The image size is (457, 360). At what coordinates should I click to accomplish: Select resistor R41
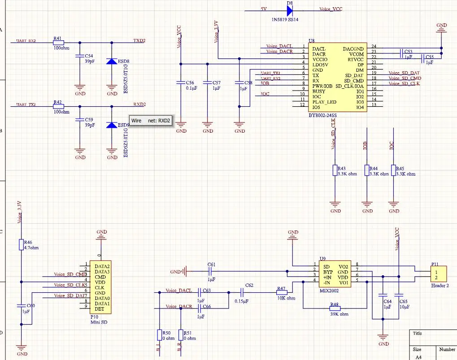click(x=58, y=43)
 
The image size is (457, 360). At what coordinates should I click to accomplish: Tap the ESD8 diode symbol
click(x=112, y=61)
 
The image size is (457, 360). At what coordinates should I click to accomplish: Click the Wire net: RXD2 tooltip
click(x=151, y=121)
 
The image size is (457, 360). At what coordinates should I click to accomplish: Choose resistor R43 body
click(x=335, y=170)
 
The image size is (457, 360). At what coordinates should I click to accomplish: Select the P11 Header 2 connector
click(x=439, y=275)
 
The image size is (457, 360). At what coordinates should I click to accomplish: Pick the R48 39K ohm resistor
click(x=335, y=308)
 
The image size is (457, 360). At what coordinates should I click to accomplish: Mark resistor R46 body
click(x=21, y=244)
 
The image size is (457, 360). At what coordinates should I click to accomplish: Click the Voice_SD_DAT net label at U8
click(x=404, y=73)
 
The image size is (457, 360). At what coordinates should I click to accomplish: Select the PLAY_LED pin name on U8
click(x=324, y=102)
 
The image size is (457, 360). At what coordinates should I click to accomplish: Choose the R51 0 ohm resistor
click(x=180, y=335)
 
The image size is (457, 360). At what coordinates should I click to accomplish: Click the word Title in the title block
click(x=418, y=334)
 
